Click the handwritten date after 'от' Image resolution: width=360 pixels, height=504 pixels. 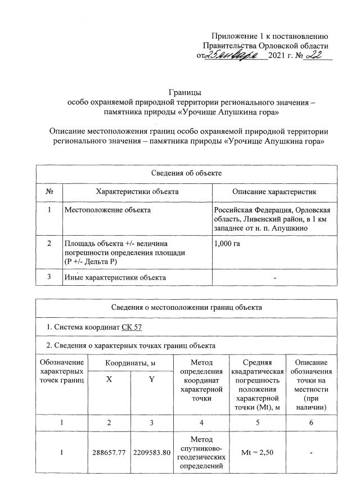233,55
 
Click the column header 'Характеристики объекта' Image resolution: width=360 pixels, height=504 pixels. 137,192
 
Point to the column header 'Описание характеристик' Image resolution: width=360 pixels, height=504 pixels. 274,192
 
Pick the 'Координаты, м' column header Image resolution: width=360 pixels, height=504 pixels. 130,364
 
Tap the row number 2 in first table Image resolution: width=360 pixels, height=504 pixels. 49,243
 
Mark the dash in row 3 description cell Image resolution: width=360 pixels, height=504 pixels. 274,278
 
